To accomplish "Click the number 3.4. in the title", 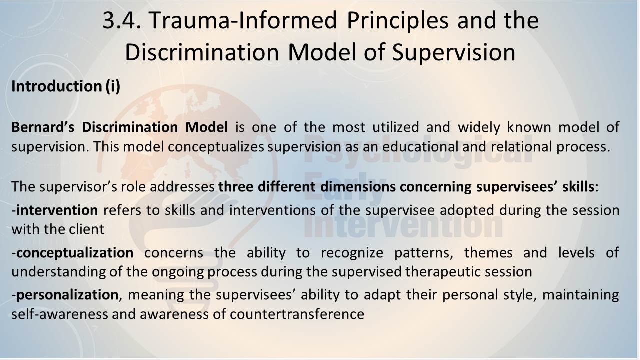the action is [122, 21].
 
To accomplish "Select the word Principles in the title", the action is [397, 21].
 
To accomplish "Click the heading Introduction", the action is [57, 86].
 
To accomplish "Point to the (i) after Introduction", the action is [113, 86].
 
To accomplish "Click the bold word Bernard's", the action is [43, 127].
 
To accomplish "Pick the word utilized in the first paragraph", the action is [395, 127].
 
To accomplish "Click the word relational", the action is [521, 147].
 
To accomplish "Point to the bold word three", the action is [236, 187].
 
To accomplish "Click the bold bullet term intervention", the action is [57, 210].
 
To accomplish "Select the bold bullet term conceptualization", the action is [75, 253].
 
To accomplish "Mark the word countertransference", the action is [297, 314].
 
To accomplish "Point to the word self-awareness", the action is [60, 314].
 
